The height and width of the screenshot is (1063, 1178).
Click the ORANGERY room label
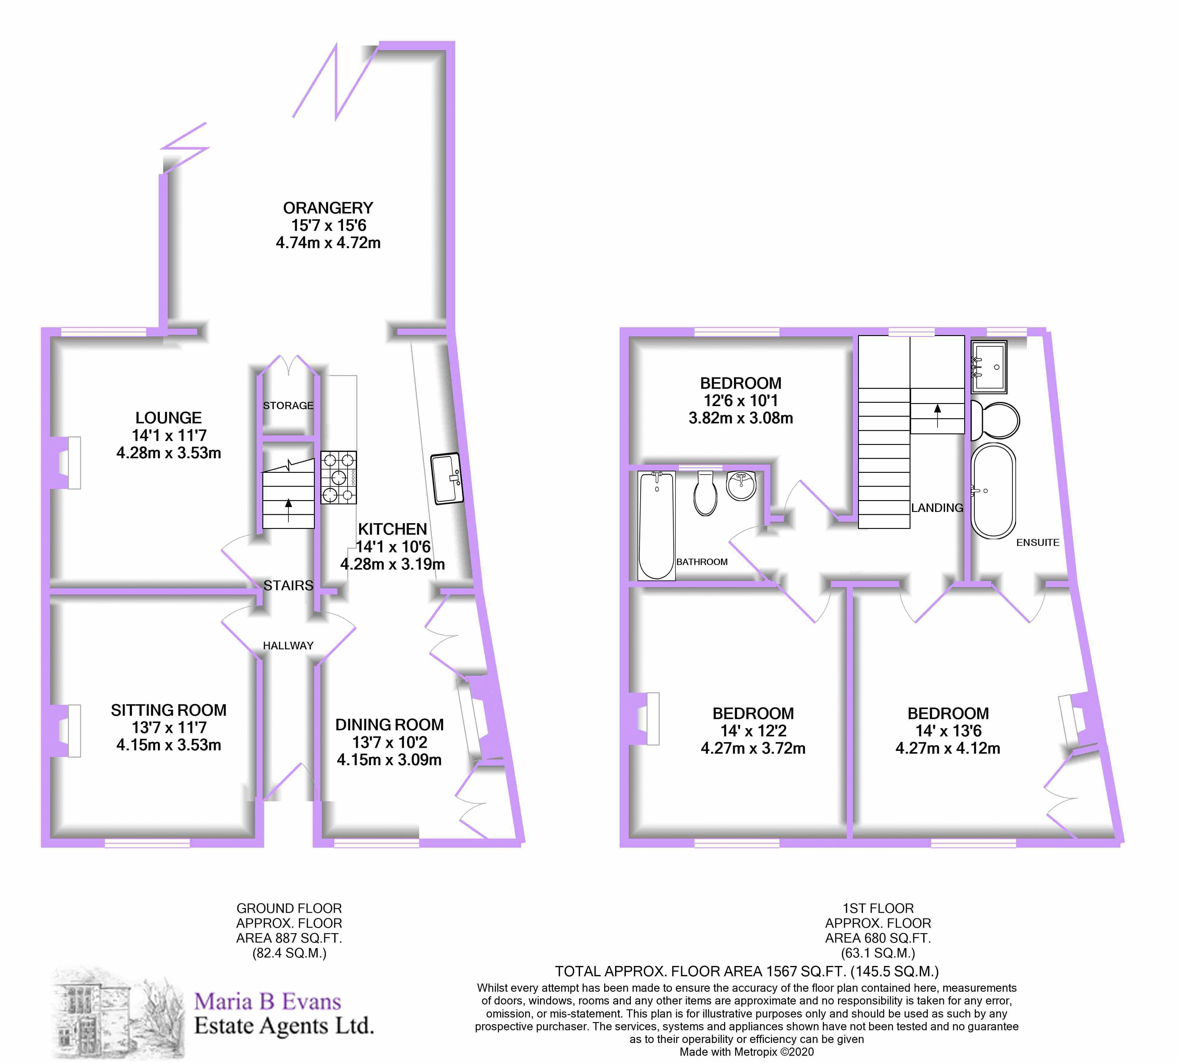click(x=328, y=208)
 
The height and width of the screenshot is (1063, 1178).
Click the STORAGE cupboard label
click(x=288, y=405)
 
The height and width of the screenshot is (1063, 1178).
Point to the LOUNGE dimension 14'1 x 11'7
click(x=169, y=435)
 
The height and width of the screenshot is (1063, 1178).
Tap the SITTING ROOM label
click(x=169, y=710)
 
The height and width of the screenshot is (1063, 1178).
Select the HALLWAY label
click(x=288, y=645)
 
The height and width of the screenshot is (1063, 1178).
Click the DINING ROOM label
click(x=389, y=725)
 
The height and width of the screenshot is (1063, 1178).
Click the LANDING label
click(x=937, y=508)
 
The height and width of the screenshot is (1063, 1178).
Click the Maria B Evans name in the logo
click(x=268, y=1002)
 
